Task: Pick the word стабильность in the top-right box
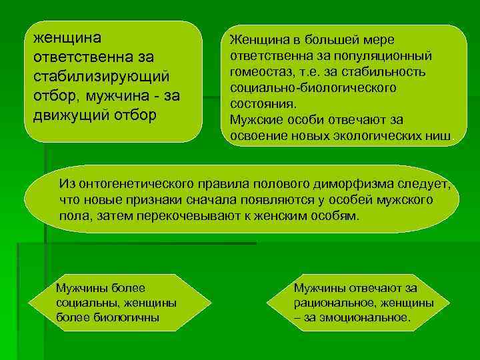click(x=381, y=71)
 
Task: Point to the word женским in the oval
click(x=277, y=217)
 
